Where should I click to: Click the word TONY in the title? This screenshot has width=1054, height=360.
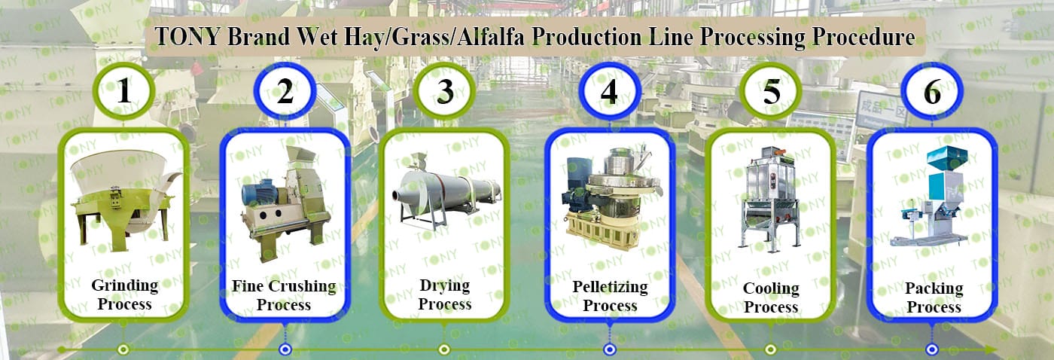(x=187, y=37)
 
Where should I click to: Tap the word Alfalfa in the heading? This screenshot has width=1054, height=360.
(x=490, y=37)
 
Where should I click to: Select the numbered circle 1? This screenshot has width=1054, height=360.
(x=123, y=91)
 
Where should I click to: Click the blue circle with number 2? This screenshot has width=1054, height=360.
(x=285, y=91)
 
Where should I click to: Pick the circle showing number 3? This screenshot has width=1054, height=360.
(x=445, y=91)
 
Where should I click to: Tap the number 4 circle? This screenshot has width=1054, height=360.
(x=609, y=91)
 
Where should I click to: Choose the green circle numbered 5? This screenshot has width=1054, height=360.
(x=770, y=91)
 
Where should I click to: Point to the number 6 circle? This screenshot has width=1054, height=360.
(x=932, y=91)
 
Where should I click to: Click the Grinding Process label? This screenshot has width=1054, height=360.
(x=125, y=294)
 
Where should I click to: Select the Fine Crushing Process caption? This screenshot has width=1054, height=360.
(x=284, y=295)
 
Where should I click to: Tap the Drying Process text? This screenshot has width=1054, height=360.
(x=445, y=294)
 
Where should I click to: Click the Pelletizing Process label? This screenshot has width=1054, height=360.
(x=610, y=296)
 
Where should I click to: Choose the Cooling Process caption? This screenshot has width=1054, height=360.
(x=771, y=297)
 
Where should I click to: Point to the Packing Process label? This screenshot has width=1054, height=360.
(x=934, y=297)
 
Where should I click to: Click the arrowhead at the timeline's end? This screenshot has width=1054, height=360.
(x=990, y=349)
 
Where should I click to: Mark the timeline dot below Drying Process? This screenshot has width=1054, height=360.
(x=444, y=349)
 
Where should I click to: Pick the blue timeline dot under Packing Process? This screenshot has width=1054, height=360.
(x=932, y=349)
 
